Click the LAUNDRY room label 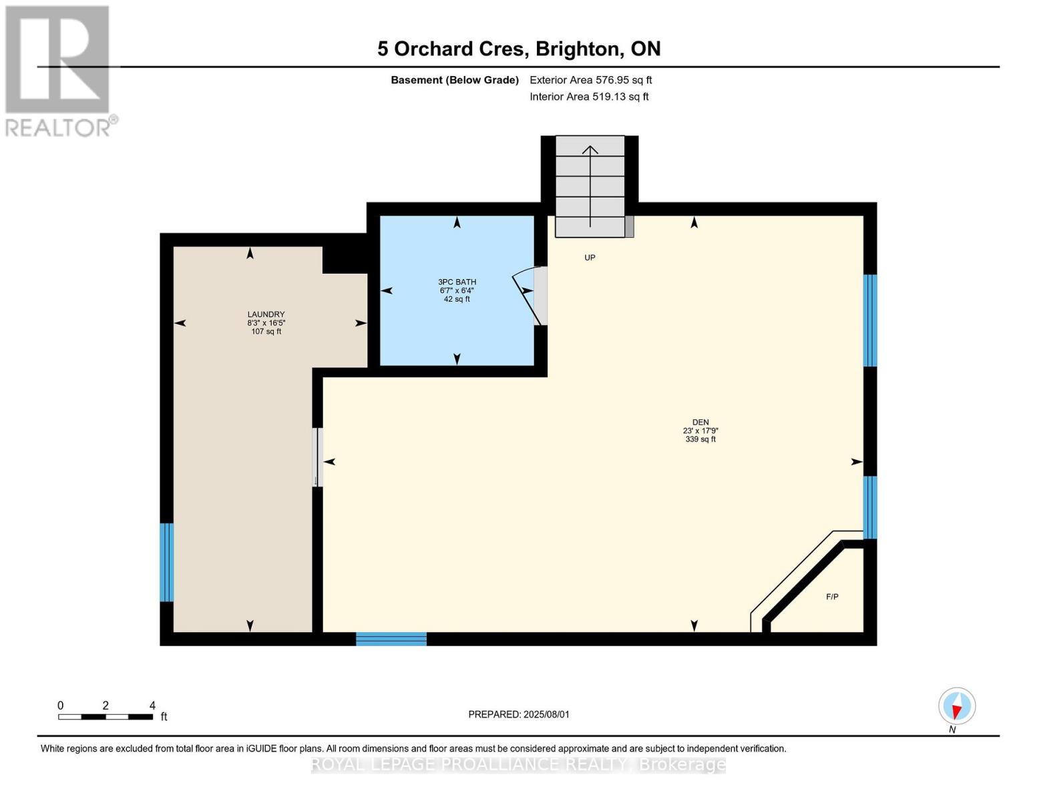coord(266,314)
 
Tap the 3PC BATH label coord(457,282)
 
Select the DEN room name coord(700,423)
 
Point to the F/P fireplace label coord(832,597)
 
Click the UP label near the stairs coord(590,258)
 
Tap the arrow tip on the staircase coord(590,146)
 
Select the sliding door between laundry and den coord(317,457)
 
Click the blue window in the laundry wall coord(166,563)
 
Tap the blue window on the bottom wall coord(391,639)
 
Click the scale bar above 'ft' coord(106,717)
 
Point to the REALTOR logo coord(59,71)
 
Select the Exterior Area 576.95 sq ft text coord(591,80)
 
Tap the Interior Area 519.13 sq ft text coord(590,97)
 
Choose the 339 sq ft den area coord(700,439)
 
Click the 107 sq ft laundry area coord(266,332)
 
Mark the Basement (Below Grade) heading coord(455,80)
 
